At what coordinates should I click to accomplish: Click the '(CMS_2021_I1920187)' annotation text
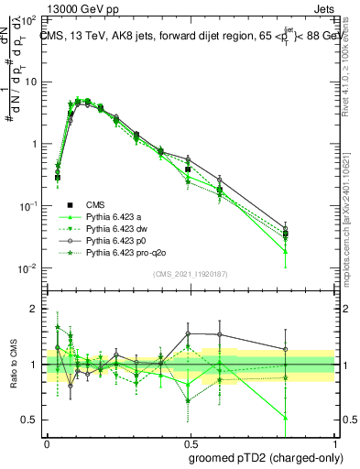[x=191, y=272]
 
